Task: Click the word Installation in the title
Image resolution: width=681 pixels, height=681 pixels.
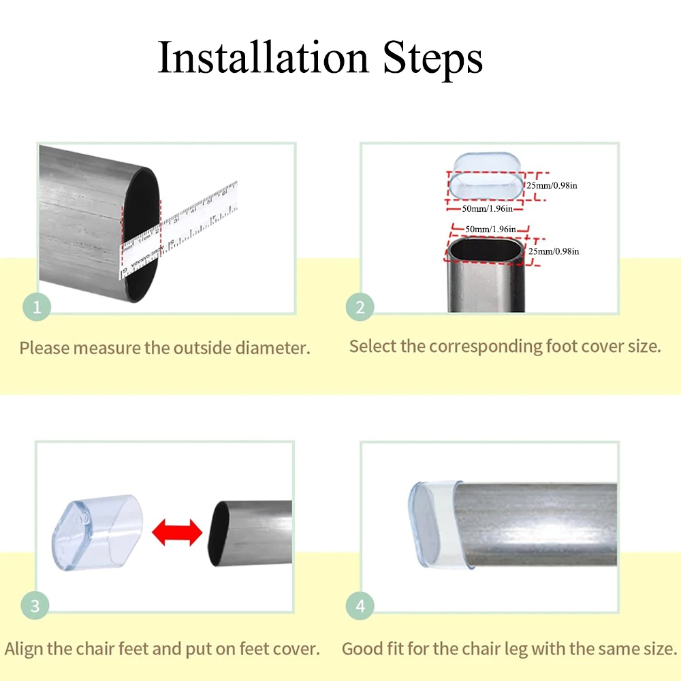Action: [x=264, y=58]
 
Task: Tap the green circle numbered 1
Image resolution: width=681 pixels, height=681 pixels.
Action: [x=37, y=308]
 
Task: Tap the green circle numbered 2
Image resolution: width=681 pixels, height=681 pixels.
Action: [x=360, y=308]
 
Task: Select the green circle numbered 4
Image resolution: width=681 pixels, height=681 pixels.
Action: [x=360, y=605]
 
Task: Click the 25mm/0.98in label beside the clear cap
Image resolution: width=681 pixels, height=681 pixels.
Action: [x=552, y=185]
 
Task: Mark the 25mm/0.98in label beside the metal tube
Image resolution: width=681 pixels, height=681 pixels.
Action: [x=554, y=251]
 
